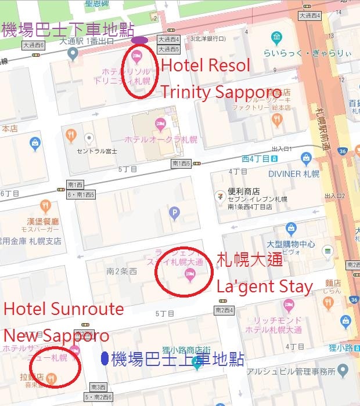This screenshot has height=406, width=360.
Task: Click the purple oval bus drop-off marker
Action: coord(140,40)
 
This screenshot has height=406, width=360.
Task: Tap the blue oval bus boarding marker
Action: coord(105,358)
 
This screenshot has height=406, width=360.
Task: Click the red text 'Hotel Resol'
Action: coord(206,65)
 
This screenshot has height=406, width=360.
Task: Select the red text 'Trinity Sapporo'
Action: coord(221,92)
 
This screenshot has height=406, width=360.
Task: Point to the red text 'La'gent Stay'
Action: coord(264,286)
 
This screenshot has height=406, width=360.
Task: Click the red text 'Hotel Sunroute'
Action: coord(64,309)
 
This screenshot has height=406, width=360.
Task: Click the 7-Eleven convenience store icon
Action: coord(220,195)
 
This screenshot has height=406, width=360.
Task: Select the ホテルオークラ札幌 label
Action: coord(160,139)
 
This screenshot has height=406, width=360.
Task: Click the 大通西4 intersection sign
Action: coord(169,39)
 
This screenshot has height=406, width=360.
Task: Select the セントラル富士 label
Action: coord(97,151)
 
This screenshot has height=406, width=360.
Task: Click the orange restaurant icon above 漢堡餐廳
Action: coord(45,206)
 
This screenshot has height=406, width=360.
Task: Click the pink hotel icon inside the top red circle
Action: coord(137,57)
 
